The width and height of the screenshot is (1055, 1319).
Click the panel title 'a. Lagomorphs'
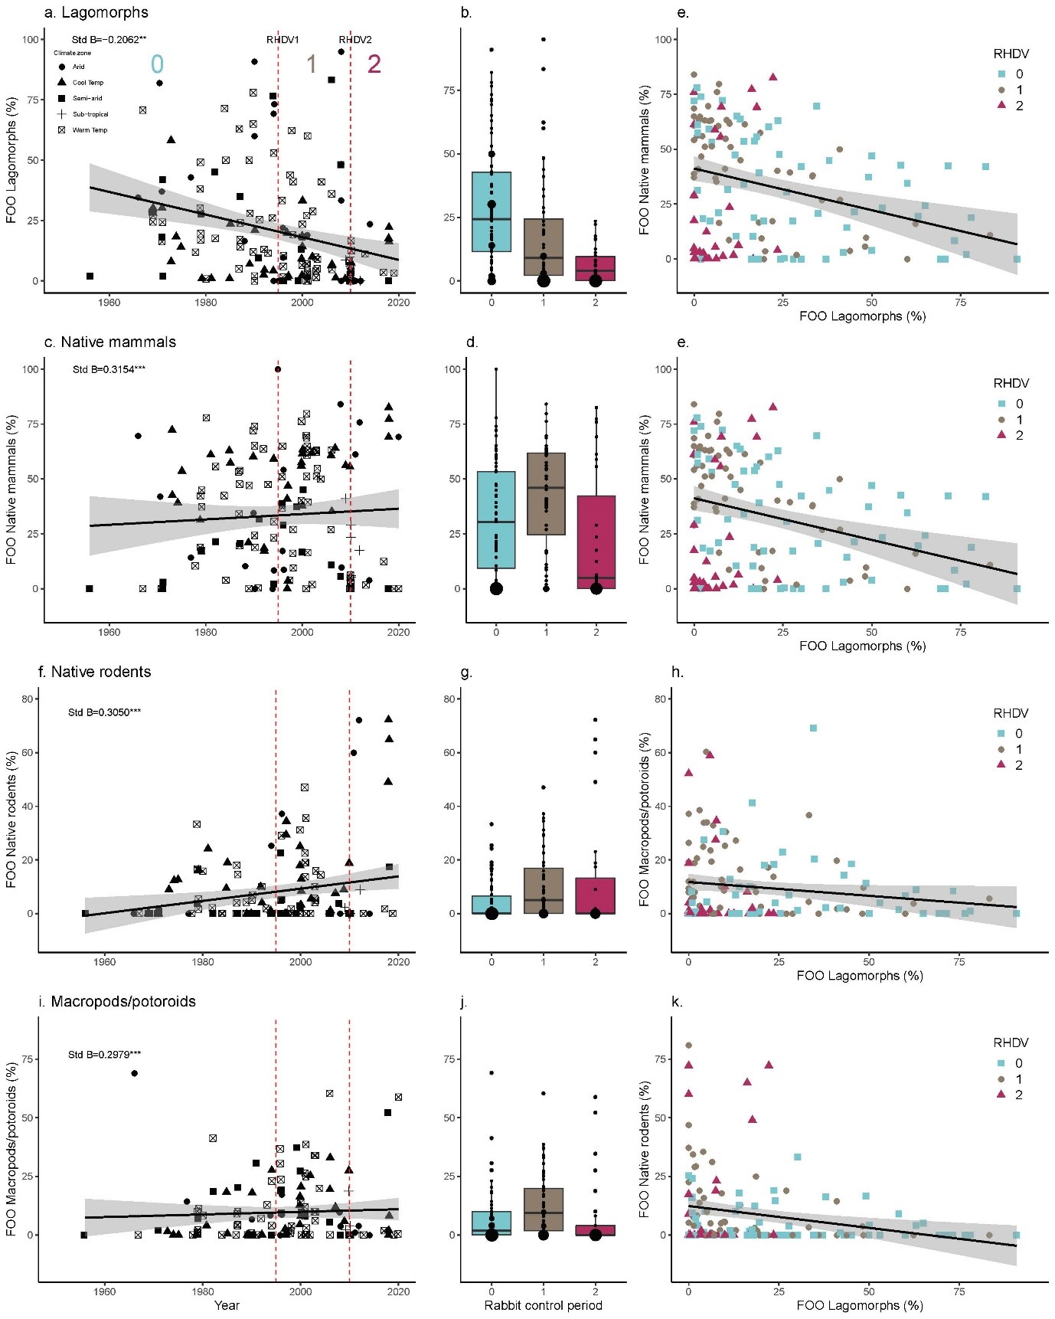pos(96,12)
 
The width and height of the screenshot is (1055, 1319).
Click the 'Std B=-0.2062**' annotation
pos(109,39)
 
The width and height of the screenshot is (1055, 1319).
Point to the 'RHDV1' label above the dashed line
pos(283,40)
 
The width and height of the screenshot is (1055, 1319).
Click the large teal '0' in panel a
pos(157,64)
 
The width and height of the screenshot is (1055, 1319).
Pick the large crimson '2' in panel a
pos(374,64)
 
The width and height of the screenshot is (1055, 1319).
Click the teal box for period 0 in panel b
pos(492,211)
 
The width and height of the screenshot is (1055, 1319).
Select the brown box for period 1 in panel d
pos(546,494)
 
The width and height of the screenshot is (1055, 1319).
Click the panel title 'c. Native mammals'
pos(110,342)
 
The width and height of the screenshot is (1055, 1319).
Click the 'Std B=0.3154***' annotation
pos(109,369)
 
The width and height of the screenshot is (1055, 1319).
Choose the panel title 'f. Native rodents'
pos(95,672)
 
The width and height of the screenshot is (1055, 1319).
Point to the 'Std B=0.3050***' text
pos(104,712)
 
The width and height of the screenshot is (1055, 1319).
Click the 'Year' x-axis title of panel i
pos(227,1305)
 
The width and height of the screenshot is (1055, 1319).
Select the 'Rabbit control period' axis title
pos(543,1305)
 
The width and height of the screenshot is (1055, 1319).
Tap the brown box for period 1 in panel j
pos(544,1209)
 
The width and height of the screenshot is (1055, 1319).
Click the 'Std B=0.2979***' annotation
pos(104,1055)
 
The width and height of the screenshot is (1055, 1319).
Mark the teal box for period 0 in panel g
pos(492,905)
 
